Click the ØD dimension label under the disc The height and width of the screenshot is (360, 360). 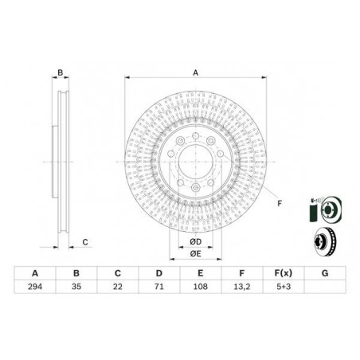[195, 241]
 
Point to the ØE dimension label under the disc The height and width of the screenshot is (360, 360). [195, 253]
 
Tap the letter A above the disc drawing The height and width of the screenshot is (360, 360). [195, 72]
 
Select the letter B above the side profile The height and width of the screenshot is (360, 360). [60, 72]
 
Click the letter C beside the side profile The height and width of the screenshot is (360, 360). [84, 242]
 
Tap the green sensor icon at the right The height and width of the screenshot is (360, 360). [312, 209]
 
